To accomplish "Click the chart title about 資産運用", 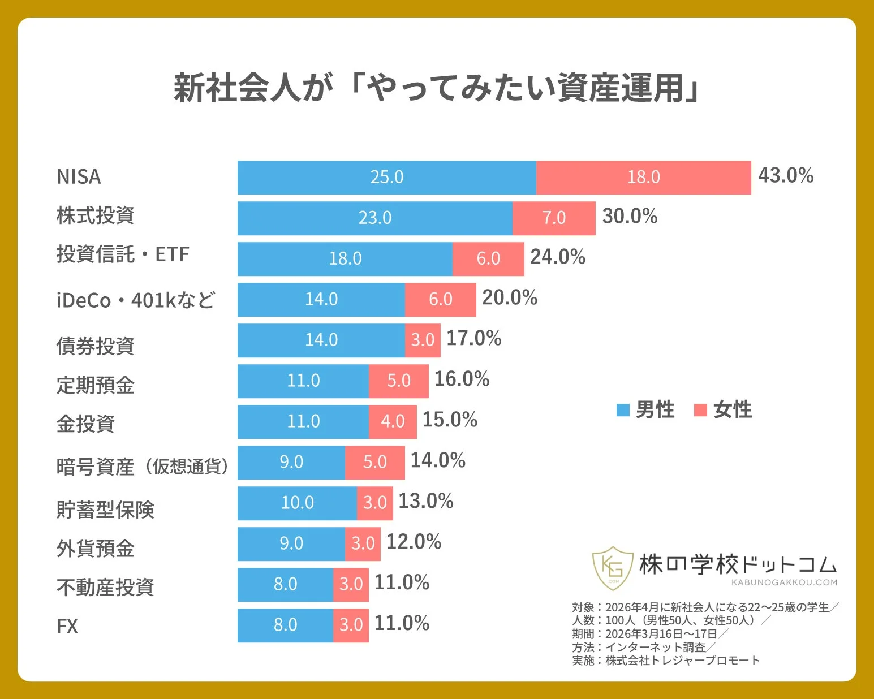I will [x=436, y=88].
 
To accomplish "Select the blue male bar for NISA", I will [x=386, y=178].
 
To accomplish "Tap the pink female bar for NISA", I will [x=643, y=178].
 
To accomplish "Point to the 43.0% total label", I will [x=785, y=175].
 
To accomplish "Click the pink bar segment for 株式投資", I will [x=554, y=218].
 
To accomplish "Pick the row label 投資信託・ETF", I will [x=123, y=254].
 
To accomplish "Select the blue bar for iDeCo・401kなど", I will [x=321, y=300].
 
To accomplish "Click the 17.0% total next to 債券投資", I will [x=473, y=338].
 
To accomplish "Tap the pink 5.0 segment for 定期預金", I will [x=398, y=381].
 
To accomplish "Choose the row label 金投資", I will [x=85, y=424].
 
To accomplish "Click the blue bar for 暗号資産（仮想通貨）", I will [x=291, y=463].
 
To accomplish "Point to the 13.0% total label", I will [x=425, y=501].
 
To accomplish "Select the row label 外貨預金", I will [x=95, y=549].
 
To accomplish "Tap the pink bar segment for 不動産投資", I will [x=351, y=585].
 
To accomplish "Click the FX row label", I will [x=67, y=626].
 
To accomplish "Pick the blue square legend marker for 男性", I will [x=623, y=410].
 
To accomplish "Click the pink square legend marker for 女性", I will [x=700, y=410].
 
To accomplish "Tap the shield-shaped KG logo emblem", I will [x=613, y=567].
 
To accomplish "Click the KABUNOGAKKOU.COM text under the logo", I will [x=783, y=582].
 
